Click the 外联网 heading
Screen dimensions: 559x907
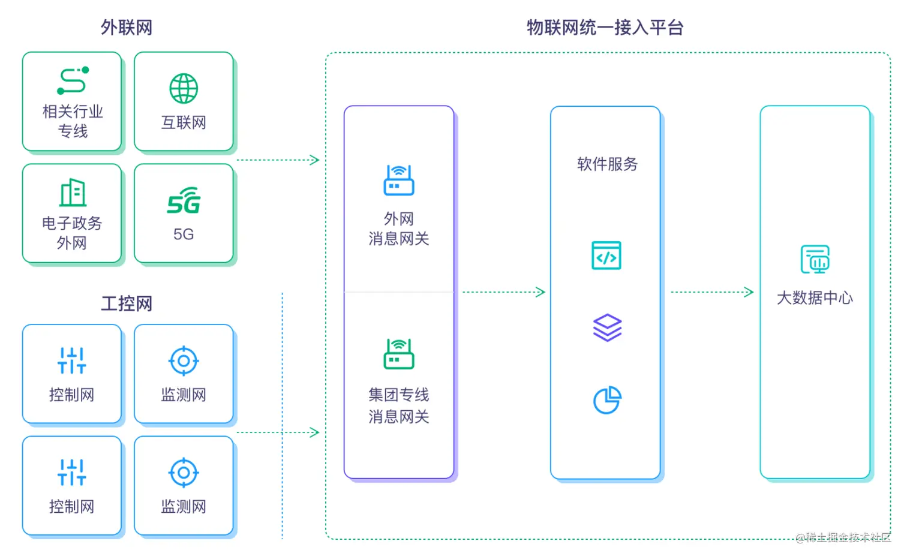(x=126, y=28)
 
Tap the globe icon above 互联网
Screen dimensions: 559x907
(x=184, y=89)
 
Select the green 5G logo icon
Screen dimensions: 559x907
(x=184, y=201)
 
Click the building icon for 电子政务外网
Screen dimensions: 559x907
(x=73, y=193)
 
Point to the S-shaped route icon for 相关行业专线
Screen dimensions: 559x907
(x=73, y=80)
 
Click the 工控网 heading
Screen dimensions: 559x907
(x=126, y=303)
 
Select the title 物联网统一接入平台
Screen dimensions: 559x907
(x=605, y=28)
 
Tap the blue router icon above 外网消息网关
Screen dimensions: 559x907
(x=399, y=180)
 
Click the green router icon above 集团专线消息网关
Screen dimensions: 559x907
(x=399, y=354)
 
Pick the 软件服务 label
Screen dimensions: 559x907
(x=607, y=164)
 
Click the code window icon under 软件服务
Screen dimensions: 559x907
(x=606, y=256)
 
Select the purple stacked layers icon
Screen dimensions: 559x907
(x=607, y=327)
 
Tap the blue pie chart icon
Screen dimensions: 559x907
(x=607, y=399)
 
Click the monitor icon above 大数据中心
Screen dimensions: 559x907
(x=815, y=259)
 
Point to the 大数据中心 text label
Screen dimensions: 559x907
(x=815, y=298)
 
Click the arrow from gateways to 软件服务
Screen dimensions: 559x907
(x=504, y=292)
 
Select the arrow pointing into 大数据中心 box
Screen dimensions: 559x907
(x=712, y=292)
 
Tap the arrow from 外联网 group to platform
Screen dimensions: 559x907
(x=278, y=160)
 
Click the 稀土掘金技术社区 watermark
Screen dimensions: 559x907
(x=843, y=537)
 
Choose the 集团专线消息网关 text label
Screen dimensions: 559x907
(x=399, y=405)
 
